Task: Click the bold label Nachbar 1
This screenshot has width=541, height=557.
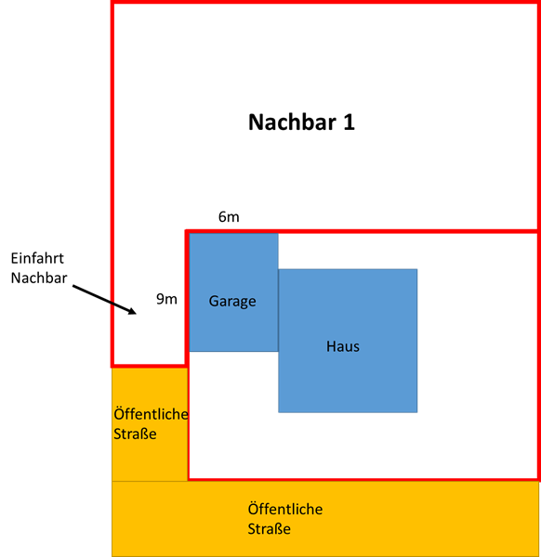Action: coord(301,123)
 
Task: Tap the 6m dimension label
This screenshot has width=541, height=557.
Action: coord(229,216)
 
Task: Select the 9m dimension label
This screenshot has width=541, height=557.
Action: coord(166,299)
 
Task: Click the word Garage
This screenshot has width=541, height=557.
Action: coord(232,302)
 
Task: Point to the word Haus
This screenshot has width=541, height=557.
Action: coord(343,346)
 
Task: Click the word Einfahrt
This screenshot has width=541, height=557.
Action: coord(37,258)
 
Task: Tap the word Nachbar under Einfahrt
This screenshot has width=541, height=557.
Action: coord(39,278)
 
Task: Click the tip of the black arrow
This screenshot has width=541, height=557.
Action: coord(137,314)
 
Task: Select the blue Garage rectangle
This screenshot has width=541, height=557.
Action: coord(233,292)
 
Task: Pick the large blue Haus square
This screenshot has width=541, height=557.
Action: coord(348,341)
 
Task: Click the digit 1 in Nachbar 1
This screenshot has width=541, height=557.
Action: coord(349,123)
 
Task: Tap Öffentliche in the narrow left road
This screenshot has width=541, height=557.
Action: coord(151,414)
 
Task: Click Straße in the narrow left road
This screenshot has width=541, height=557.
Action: coord(135,434)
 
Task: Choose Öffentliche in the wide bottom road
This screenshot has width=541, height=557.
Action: coord(285,509)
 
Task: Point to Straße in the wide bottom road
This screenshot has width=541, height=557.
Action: coord(270,529)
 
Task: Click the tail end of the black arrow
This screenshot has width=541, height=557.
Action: coord(73,286)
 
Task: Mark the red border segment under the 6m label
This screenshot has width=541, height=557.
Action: coord(362,231)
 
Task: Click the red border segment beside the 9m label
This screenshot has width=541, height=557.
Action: coord(187,298)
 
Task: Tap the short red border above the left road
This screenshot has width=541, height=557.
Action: coord(149,365)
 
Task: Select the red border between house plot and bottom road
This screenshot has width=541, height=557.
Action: coord(363,479)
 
